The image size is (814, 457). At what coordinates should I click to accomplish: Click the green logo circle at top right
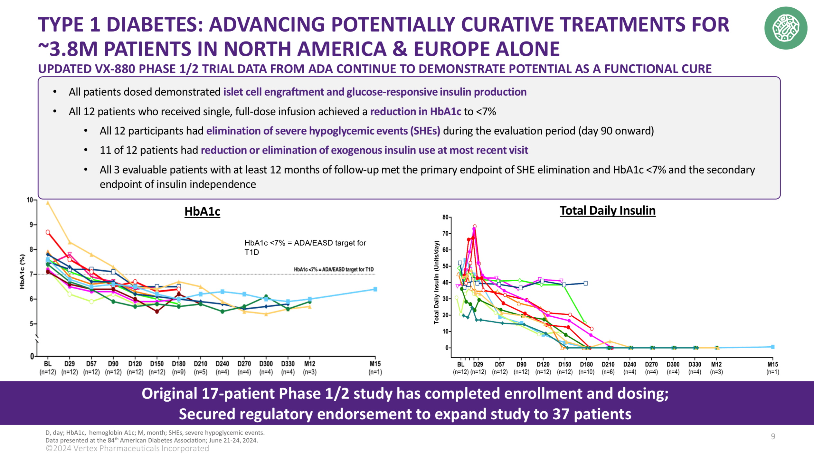tap(786, 28)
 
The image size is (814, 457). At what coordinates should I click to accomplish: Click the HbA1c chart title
tap(202, 211)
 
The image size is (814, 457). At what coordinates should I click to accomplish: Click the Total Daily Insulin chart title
tap(607, 210)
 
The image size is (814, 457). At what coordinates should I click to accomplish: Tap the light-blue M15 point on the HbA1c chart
tap(375, 289)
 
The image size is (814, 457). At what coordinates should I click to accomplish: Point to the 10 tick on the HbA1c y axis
tap(30, 200)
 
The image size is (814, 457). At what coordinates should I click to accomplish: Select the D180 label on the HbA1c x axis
tap(178, 364)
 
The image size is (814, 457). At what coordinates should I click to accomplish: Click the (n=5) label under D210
tap(200, 372)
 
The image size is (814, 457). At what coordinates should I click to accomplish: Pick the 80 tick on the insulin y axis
tap(445, 217)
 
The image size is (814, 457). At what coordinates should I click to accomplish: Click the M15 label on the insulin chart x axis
tap(772, 364)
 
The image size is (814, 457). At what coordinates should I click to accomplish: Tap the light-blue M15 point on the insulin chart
tap(772, 347)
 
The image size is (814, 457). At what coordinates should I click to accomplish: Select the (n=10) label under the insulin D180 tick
tap(586, 372)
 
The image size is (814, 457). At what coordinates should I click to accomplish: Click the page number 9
tap(773, 436)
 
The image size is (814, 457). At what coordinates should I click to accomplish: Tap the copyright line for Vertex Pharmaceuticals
tap(127, 448)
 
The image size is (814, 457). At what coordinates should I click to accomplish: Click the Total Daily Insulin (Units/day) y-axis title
tap(436, 282)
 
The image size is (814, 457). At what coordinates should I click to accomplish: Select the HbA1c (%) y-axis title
tap(22, 271)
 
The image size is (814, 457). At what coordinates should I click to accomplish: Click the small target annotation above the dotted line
tap(334, 269)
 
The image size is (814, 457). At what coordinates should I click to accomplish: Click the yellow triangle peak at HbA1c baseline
tap(48, 203)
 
